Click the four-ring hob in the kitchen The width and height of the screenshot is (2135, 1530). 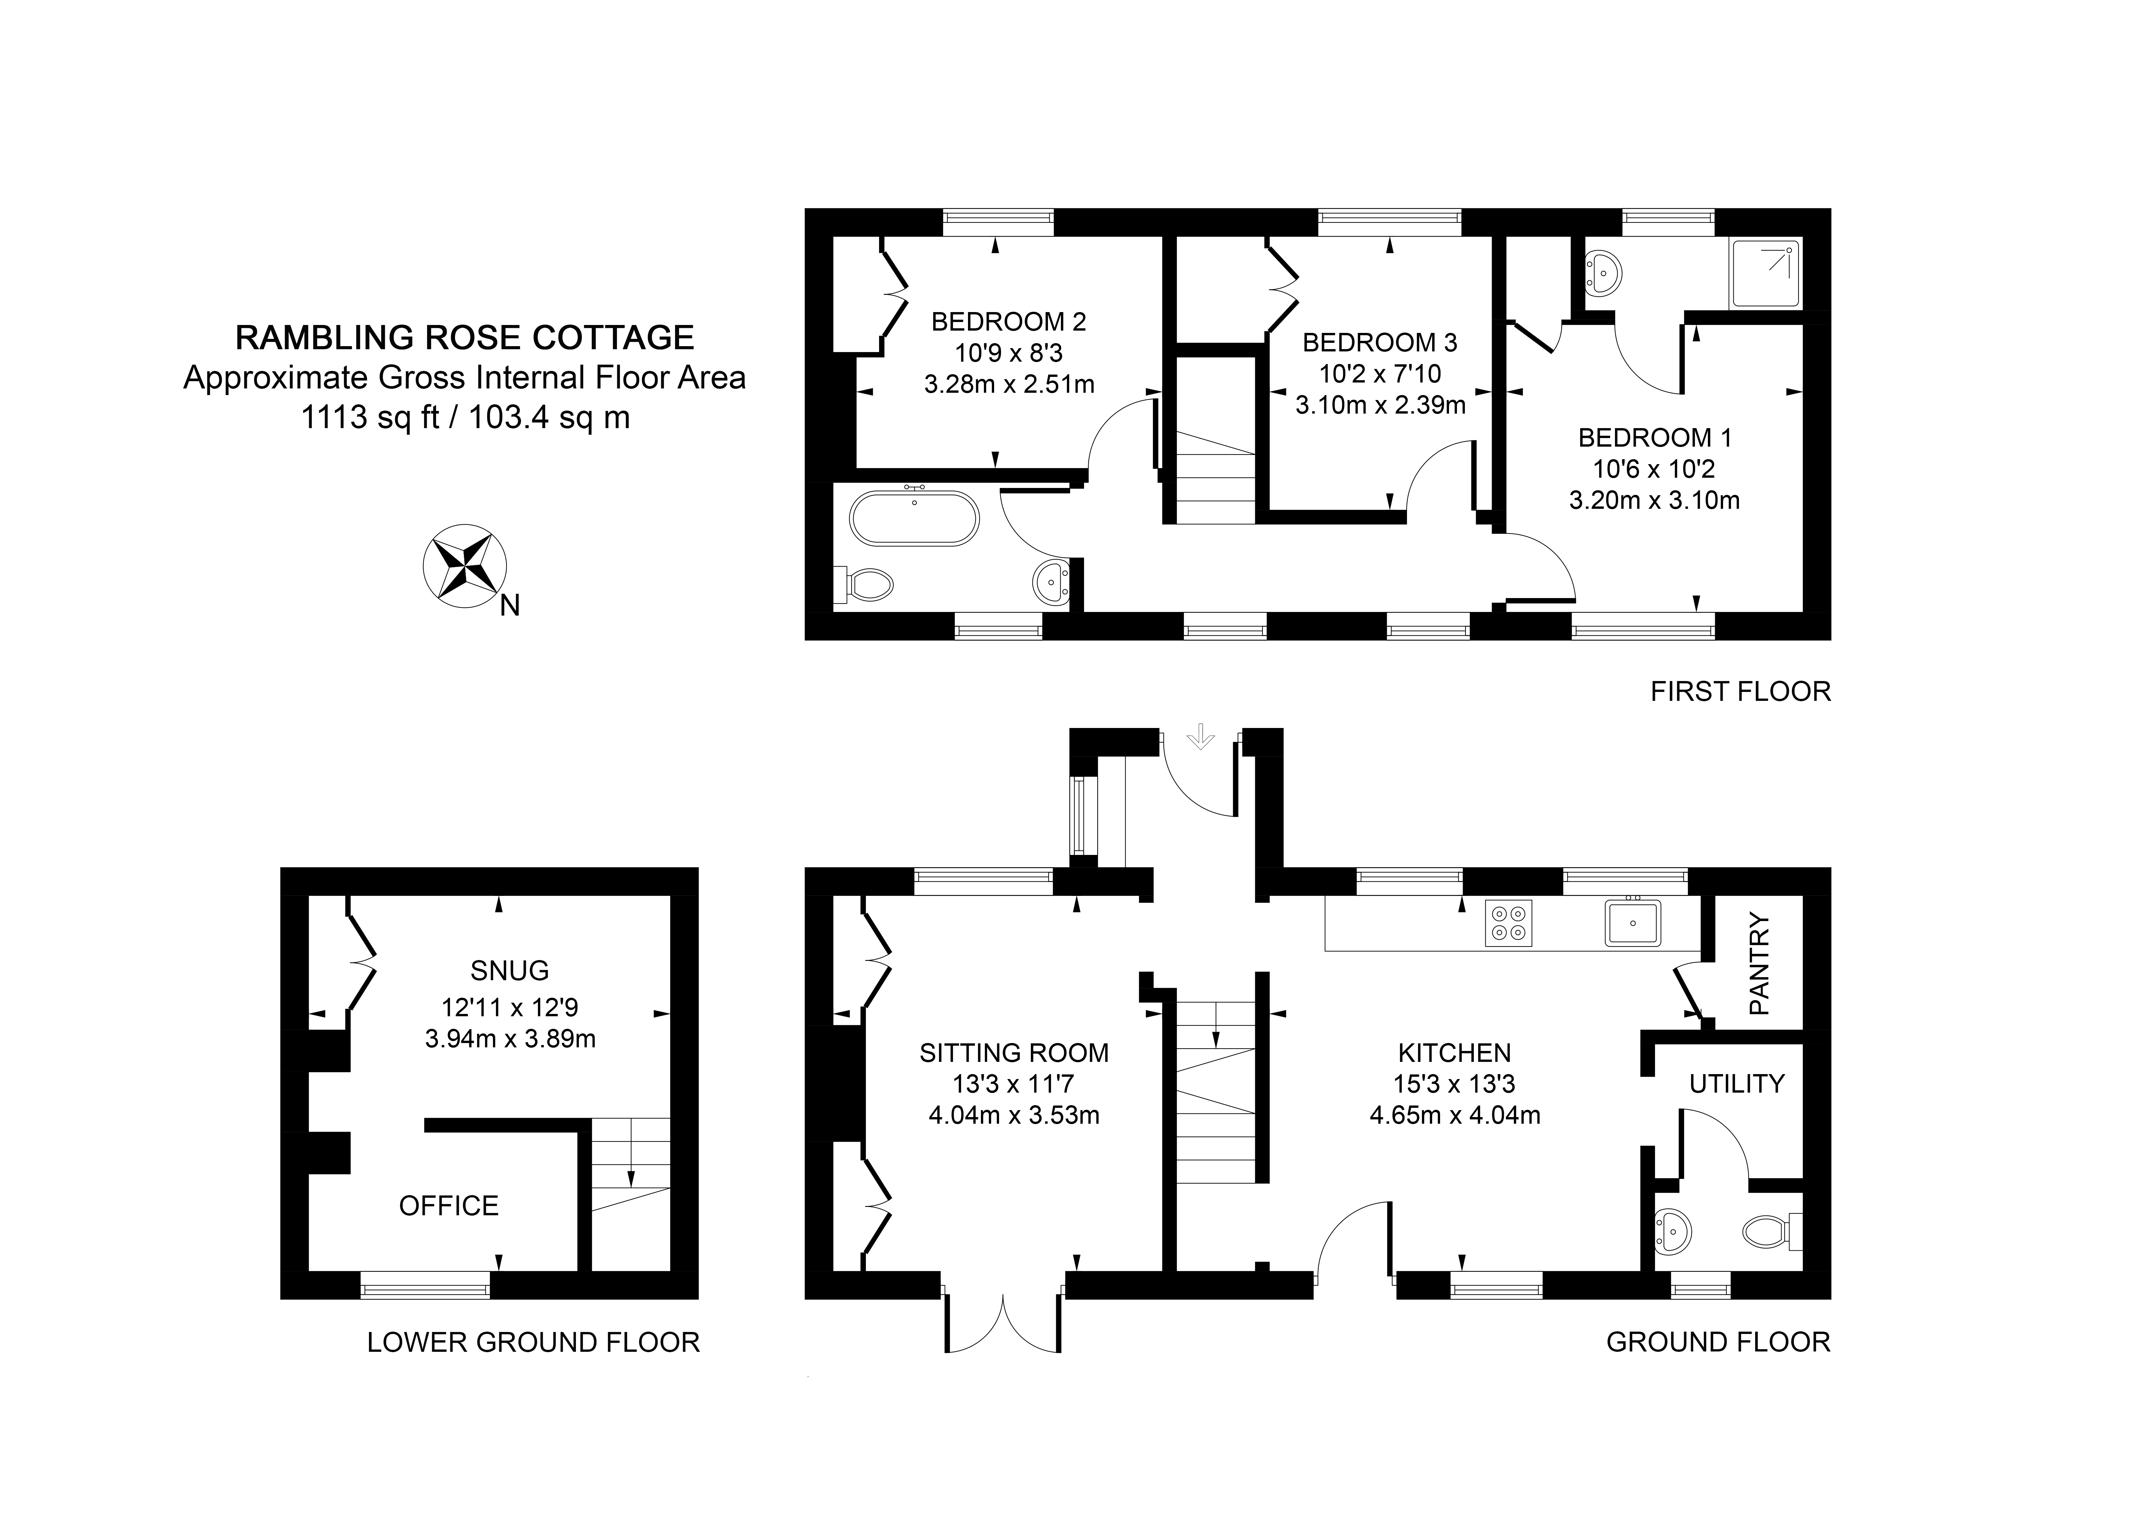[x=1508, y=923]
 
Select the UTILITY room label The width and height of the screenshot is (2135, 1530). [x=1737, y=1084]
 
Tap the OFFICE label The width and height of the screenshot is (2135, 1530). [x=449, y=1206]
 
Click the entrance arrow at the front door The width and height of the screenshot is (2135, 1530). [x=1200, y=735]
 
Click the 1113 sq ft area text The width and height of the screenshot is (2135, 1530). [x=370, y=417]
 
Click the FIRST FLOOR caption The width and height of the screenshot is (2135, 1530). [x=1741, y=692]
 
